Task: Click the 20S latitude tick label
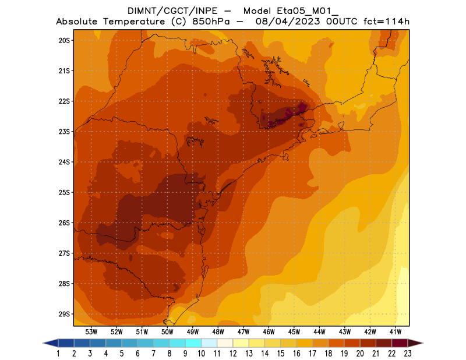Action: pos(64,40)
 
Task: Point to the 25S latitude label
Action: pos(64,192)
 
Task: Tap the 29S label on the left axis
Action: pos(64,314)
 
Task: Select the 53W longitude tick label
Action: pos(91,331)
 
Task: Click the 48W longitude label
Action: pos(218,331)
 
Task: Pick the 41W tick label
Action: pos(396,331)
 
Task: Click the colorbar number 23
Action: pos(407,353)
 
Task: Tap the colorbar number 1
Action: pos(59,353)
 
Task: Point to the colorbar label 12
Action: pos(233,353)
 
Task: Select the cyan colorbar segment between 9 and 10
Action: pos(193,343)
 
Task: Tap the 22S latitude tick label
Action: pos(64,101)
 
